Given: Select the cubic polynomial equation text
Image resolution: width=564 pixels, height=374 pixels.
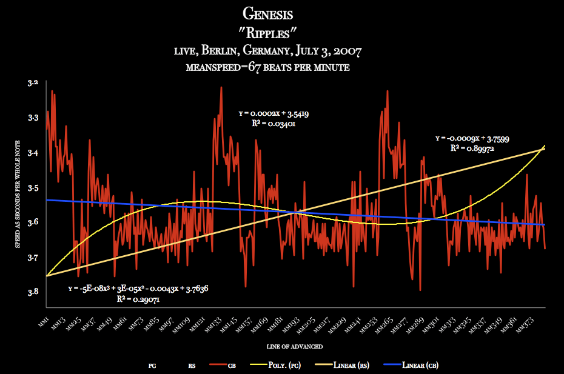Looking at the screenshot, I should click(x=138, y=289).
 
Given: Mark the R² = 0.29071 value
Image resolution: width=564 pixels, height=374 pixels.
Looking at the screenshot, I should click(x=138, y=298).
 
